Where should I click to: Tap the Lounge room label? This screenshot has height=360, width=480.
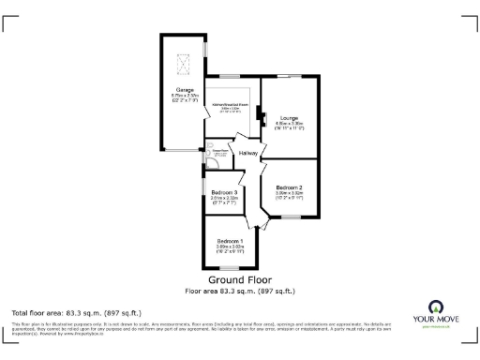[289, 117]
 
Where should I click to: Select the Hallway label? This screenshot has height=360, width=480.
[248, 153]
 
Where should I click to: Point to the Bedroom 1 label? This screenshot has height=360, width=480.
[230, 242]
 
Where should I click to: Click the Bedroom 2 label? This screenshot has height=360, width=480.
[289, 187]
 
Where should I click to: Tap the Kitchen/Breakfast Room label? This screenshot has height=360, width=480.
[230, 104]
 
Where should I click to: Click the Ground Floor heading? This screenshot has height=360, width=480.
[240, 280]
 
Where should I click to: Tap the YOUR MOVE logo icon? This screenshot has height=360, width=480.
[435, 307]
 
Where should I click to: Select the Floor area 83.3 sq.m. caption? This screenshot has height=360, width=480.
[240, 291]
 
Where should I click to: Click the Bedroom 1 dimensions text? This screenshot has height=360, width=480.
[230, 248]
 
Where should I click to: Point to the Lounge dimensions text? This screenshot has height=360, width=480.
[289, 125]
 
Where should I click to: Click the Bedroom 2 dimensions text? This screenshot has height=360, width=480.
[289, 194]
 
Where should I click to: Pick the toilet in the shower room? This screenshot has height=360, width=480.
[212, 160]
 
